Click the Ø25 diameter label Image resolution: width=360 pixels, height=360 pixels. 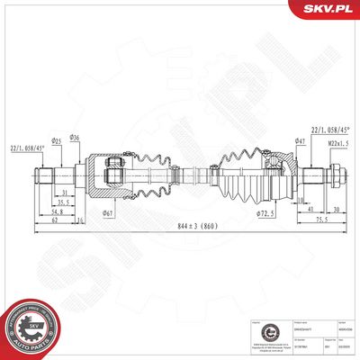56,141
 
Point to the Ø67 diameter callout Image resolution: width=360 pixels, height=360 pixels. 108,212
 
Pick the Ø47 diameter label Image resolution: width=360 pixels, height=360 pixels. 300,141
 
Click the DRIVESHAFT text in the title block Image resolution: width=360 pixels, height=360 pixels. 302,323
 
